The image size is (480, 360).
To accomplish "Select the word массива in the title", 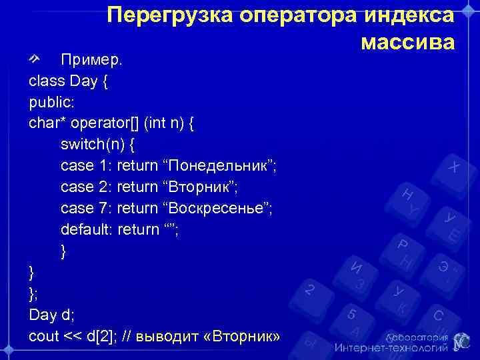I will pos(407,42).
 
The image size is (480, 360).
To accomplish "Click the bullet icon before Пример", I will pos(36,59).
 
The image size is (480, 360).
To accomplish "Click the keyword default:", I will pos(86,230).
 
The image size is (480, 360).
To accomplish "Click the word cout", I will pos(44,336).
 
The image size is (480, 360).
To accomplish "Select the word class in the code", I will pos(46,81).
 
